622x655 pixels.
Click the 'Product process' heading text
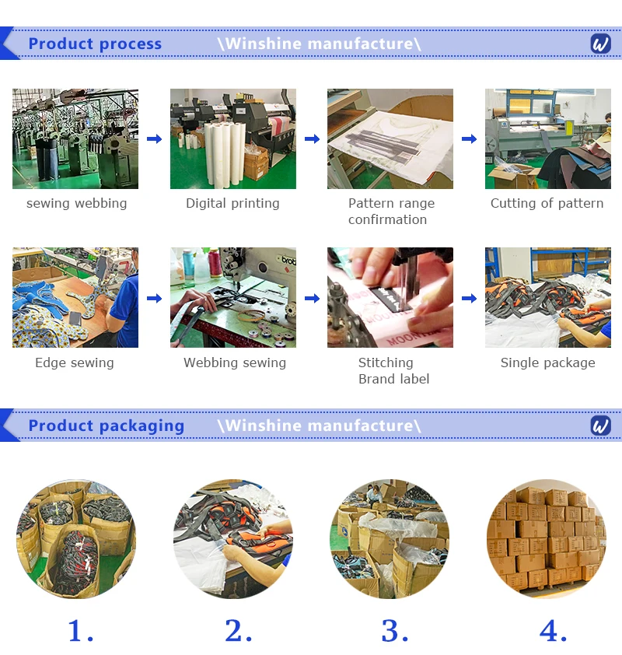pos(95,44)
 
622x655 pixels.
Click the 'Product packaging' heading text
pos(106,426)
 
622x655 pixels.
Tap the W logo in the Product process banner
pos(601,44)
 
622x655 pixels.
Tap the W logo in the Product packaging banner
pos(601,426)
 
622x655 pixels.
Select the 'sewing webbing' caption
pos(76,204)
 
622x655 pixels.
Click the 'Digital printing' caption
pos(232,204)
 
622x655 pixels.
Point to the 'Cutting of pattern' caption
pos(547,204)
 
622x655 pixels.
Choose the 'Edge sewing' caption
pos(75,363)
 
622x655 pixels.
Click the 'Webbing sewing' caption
pos(235,363)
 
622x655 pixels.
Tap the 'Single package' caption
pos(547,363)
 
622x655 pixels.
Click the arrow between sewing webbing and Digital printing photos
pos(155,138)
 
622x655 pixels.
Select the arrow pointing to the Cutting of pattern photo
pos(469,138)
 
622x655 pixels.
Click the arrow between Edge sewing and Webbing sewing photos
pos(155,298)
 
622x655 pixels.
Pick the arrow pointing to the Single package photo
pos(469,298)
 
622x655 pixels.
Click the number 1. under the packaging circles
pos(81,630)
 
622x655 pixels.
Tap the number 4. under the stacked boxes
pos(553,630)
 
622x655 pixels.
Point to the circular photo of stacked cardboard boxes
pos(547,539)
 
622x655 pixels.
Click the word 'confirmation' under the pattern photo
pos(387,219)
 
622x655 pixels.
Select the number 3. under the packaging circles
pos(394,630)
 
